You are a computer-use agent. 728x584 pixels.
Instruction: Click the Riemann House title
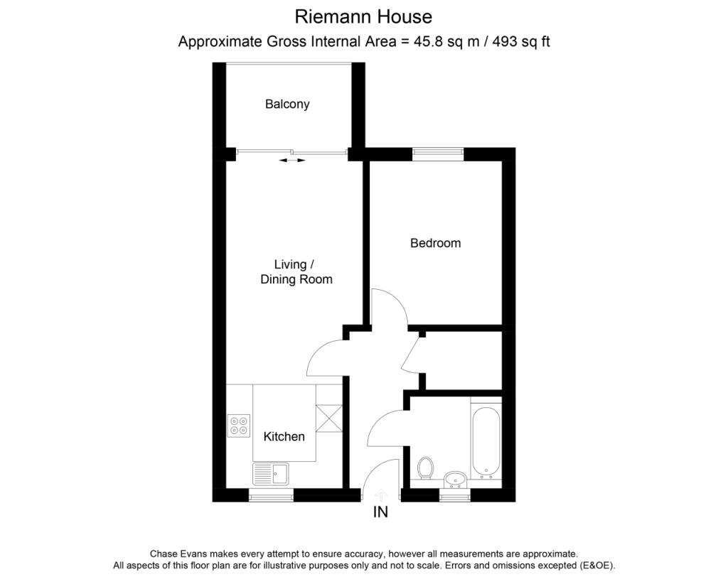click(363, 16)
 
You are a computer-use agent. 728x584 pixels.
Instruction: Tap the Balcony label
click(287, 104)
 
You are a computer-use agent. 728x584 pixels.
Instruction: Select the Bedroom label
click(435, 243)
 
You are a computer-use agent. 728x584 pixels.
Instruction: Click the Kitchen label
click(284, 436)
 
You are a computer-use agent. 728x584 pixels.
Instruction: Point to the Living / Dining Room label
click(296, 272)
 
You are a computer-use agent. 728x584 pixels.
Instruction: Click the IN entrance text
click(380, 512)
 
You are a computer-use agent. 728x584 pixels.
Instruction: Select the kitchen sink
click(270, 472)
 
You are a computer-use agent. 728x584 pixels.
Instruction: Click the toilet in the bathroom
click(426, 469)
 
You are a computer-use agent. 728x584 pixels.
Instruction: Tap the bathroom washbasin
click(454, 479)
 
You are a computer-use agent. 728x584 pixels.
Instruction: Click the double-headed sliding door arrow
click(291, 161)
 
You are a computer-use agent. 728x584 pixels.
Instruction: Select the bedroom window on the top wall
click(438, 152)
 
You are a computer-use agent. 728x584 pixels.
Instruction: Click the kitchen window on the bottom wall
click(271, 495)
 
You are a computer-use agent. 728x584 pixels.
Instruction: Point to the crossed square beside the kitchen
click(328, 417)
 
